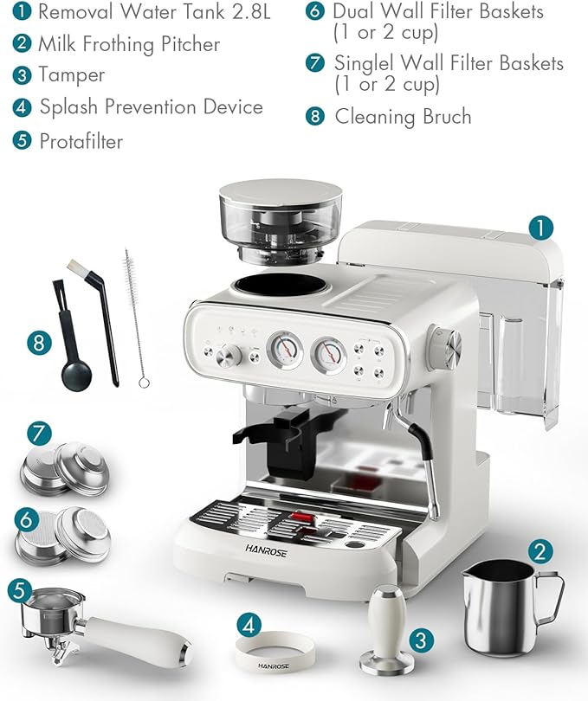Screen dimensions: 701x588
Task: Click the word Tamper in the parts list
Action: point(71,75)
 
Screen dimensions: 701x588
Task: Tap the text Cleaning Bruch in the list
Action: point(403,117)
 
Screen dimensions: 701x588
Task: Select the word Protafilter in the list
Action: point(81,141)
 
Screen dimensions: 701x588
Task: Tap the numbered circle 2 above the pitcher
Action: point(540,551)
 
